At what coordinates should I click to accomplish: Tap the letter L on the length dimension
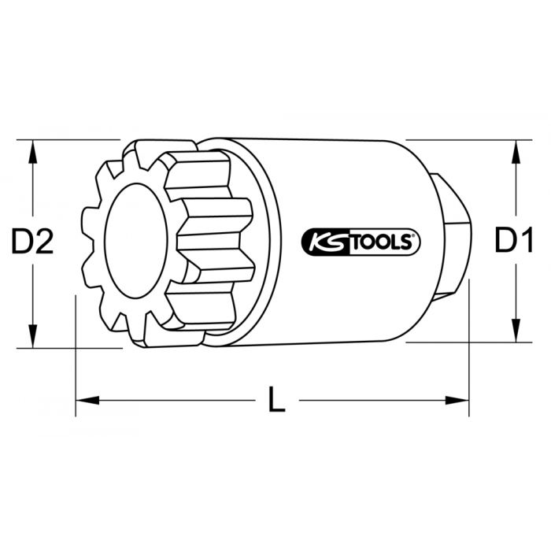275,401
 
